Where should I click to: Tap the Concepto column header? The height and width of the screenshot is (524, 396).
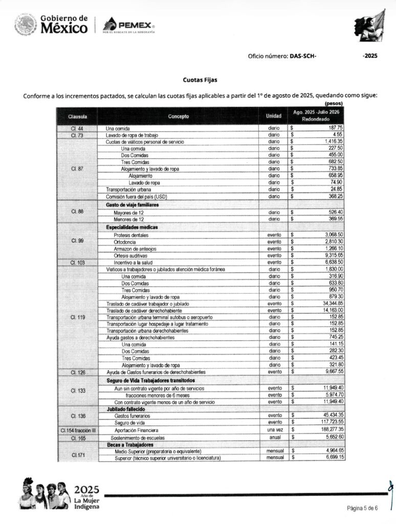(x=178, y=116)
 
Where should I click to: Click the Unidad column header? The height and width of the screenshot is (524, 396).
(x=274, y=116)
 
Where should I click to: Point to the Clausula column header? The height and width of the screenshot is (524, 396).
(x=77, y=116)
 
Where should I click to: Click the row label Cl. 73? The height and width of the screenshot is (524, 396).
(x=77, y=135)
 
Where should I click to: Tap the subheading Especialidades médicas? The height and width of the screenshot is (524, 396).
(x=132, y=227)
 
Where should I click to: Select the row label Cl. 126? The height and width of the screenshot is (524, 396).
(x=77, y=372)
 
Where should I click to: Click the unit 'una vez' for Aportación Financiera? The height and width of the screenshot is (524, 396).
(x=274, y=430)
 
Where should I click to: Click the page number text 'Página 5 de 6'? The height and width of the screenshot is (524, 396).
(x=362, y=508)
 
